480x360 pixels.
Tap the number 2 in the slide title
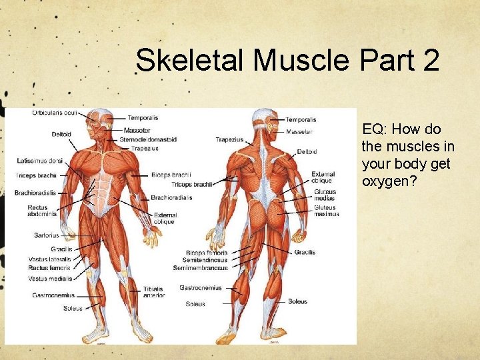pyautogui.click(x=430, y=61)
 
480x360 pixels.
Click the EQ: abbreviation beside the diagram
pyautogui.click(x=375, y=129)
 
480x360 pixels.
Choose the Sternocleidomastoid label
pyautogui.click(x=148, y=140)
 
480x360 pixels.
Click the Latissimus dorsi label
pyautogui.click(x=39, y=161)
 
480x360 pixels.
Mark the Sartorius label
pyautogui.click(x=47, y=235)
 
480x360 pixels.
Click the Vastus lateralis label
pyautogui.click(x=50, y=259)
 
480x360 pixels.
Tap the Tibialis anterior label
pyautogui.click(x=154, y=292)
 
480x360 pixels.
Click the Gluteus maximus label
pyautogui.click(x=327, y=211)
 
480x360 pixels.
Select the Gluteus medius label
pyautogui.click(x=326, y=195)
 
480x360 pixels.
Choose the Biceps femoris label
pyautogui.click(x=207, y=253)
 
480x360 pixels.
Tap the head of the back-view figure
pyautogui.click(x=265, y=120)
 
